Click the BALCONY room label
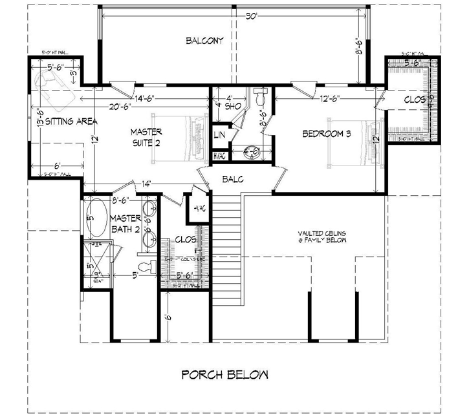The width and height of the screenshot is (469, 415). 204,41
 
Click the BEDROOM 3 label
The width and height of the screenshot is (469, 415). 327,134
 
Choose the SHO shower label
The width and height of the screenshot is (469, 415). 224,107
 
